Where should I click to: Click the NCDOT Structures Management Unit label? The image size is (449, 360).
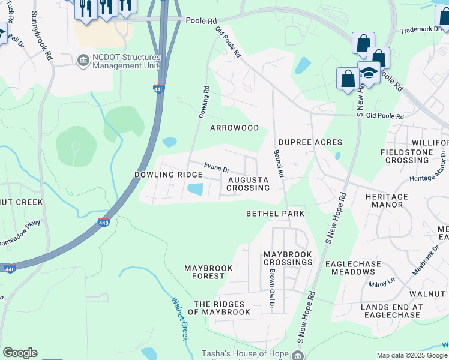point(127,61)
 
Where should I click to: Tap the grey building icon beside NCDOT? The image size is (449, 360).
point(83,61)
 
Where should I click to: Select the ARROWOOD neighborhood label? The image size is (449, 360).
point(234,128)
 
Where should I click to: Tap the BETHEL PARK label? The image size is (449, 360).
point(275,214)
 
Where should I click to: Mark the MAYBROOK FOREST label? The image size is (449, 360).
point(212,272)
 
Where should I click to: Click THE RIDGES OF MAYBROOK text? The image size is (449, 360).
point(219,308)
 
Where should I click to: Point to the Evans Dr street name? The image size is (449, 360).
point(217,167)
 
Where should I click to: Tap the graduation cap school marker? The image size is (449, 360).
point(369,73)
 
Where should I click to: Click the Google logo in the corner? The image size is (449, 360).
point(20,353)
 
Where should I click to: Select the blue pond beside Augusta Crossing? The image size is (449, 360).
point(195,189)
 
